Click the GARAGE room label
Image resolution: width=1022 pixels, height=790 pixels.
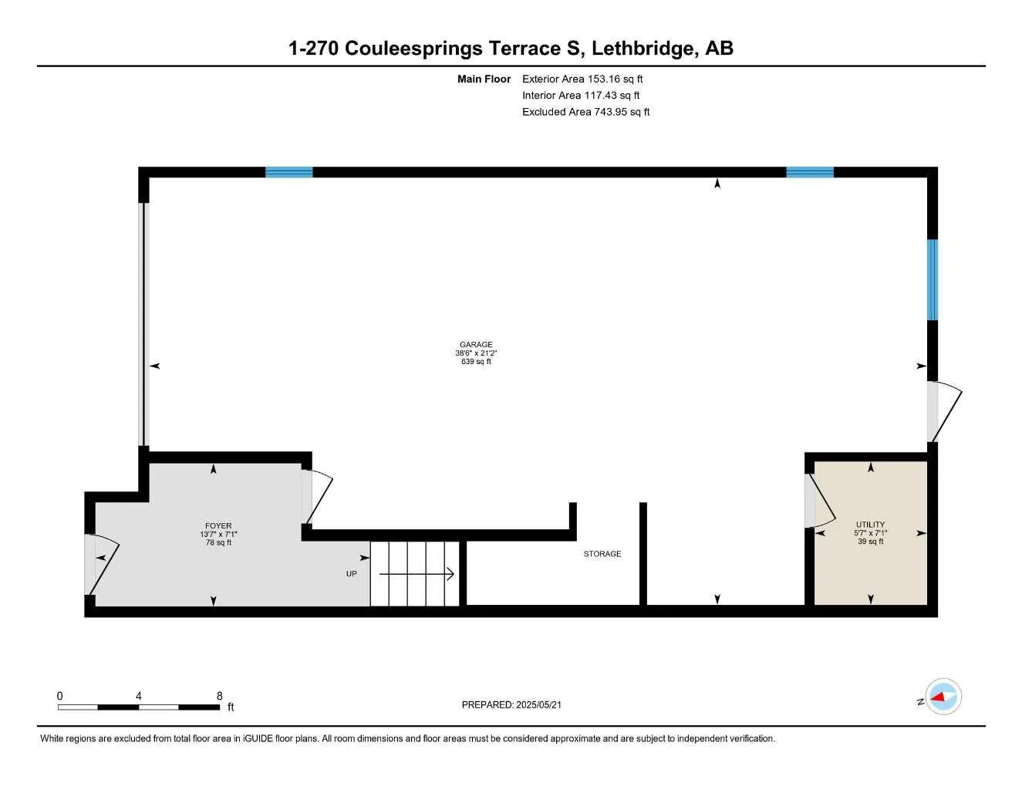click(476, 345)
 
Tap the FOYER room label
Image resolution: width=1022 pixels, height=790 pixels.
click(218, 526)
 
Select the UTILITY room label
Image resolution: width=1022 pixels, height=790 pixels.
click(870, 525)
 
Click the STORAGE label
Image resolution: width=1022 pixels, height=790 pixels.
click(602, 554)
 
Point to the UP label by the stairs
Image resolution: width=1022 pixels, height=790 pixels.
click(351, 574)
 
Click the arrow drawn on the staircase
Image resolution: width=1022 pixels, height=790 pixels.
click(417, 574)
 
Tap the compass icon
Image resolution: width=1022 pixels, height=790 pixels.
click(943, 697)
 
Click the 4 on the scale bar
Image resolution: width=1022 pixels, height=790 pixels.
click(139, 696)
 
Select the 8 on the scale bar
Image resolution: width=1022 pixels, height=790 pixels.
click(219, 696)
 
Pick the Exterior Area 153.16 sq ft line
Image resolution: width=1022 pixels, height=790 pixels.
click(582, 79)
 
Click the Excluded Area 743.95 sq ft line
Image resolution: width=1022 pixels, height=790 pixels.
click(585, 112)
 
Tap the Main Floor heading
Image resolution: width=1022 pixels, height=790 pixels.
click(484, 79)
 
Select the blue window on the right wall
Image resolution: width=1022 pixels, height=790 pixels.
click(932, 279)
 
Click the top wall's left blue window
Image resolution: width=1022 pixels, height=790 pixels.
click(289, 172)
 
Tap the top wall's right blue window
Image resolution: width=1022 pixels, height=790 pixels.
click(810, 172)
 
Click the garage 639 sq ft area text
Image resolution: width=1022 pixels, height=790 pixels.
click(476, 362)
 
